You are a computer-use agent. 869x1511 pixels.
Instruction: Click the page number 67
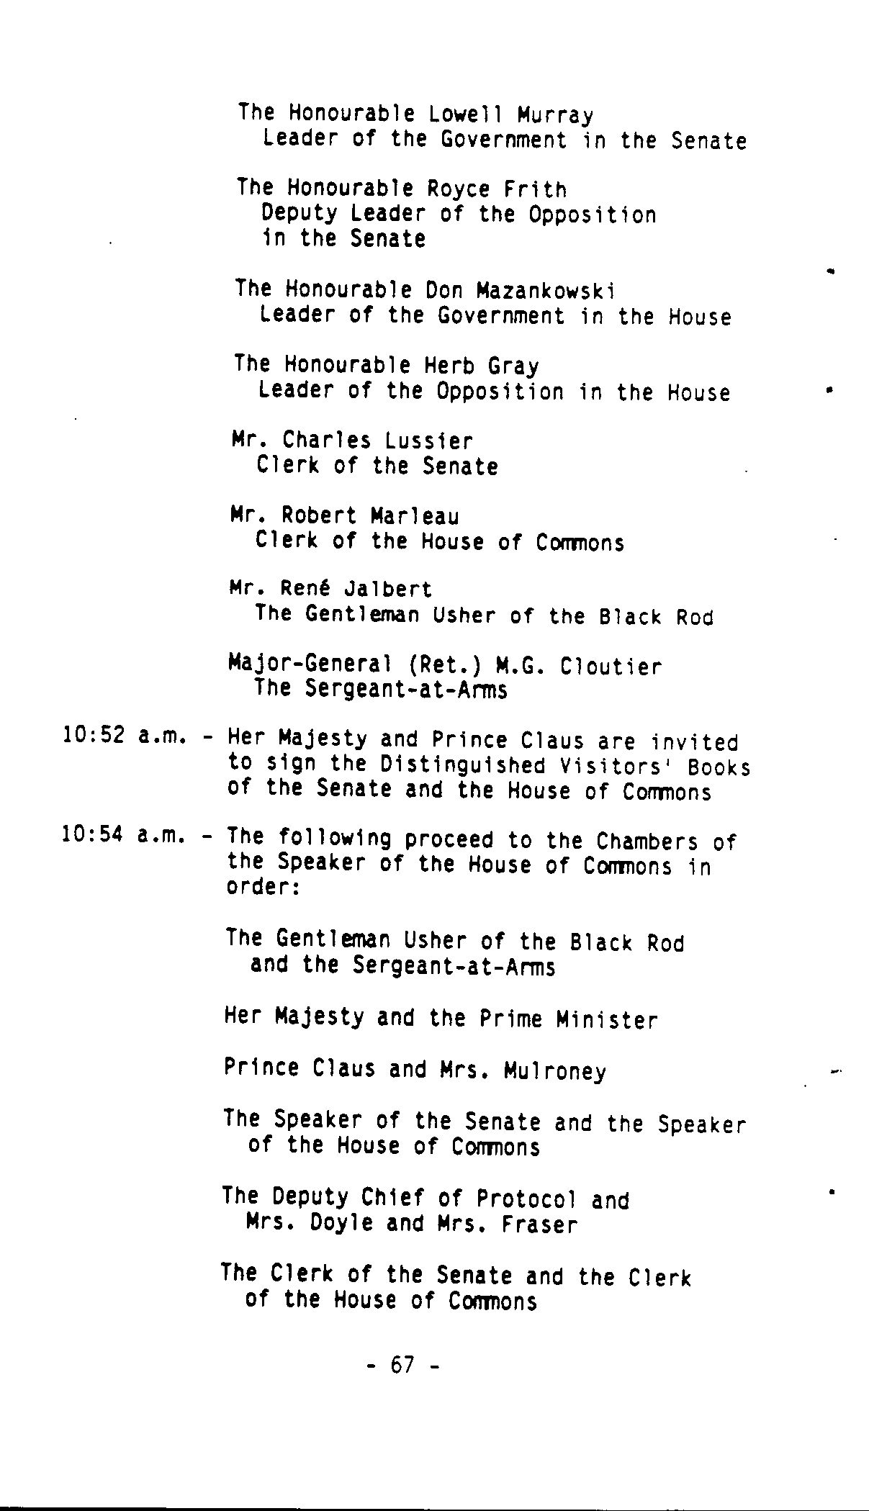point(402,1364)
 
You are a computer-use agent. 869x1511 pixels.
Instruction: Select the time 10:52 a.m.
point(125,736)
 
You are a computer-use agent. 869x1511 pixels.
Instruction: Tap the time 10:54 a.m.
point(125,835)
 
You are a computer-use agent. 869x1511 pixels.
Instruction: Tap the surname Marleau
point(415,516)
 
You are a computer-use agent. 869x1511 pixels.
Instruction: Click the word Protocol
point(526,1198)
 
